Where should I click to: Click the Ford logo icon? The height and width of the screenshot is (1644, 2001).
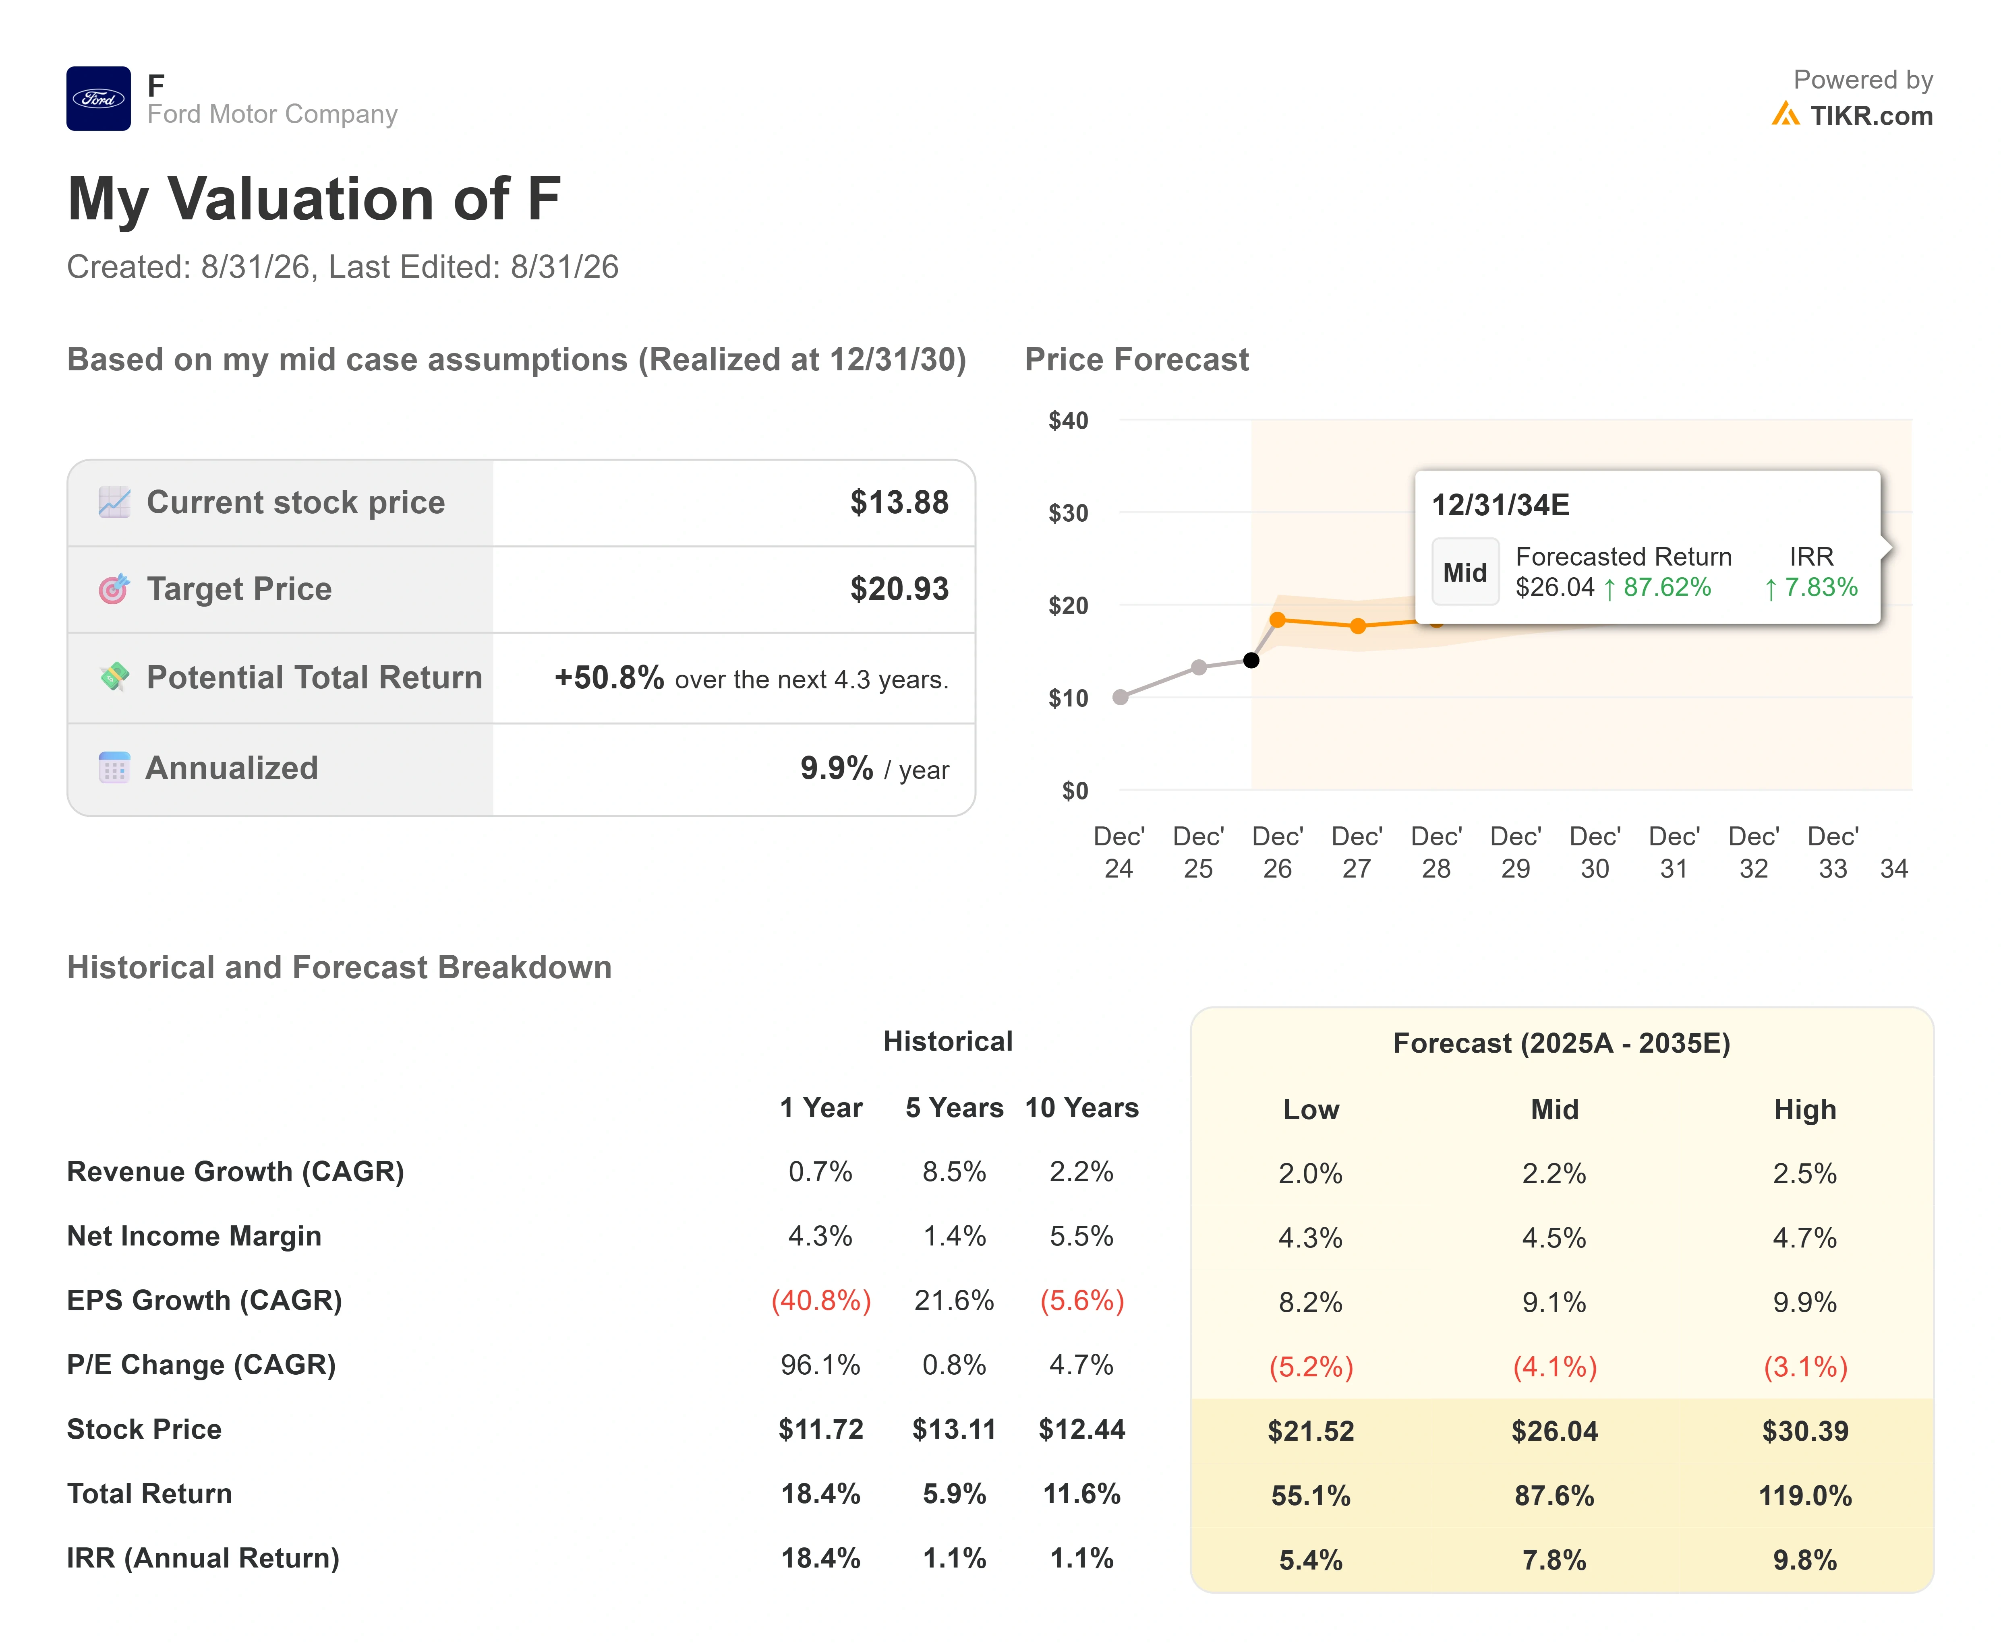pyautogui.click(x=99, y=99)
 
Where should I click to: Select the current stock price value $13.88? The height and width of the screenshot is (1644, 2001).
pyautogui.click(x=899, y=502)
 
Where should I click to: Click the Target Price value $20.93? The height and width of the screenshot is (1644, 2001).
pyautogui.click(x=899, y=589)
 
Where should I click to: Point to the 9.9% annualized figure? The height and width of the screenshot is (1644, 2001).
pyautogui.click(x=837, y=768)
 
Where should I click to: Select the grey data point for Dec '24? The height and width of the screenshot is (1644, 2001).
pyautogui.click(x=1120, y=697)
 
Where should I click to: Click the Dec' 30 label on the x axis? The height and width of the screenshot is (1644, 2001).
pyautogui.click(x=1595, y=852)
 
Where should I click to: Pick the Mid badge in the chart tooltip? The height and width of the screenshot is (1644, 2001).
pyautogui.click(x=1465, y=572)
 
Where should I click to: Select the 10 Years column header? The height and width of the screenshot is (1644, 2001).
pyautogui.click(x=1082, y=1108)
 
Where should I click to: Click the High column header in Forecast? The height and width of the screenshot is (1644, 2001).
pyautogui.click(x=1805, y=1110)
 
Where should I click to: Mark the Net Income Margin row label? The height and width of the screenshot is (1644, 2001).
pyautogui.click(x=194, y=1236)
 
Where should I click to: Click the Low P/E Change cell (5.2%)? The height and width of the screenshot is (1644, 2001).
pyautogui.click(x=1311, y=1367)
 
